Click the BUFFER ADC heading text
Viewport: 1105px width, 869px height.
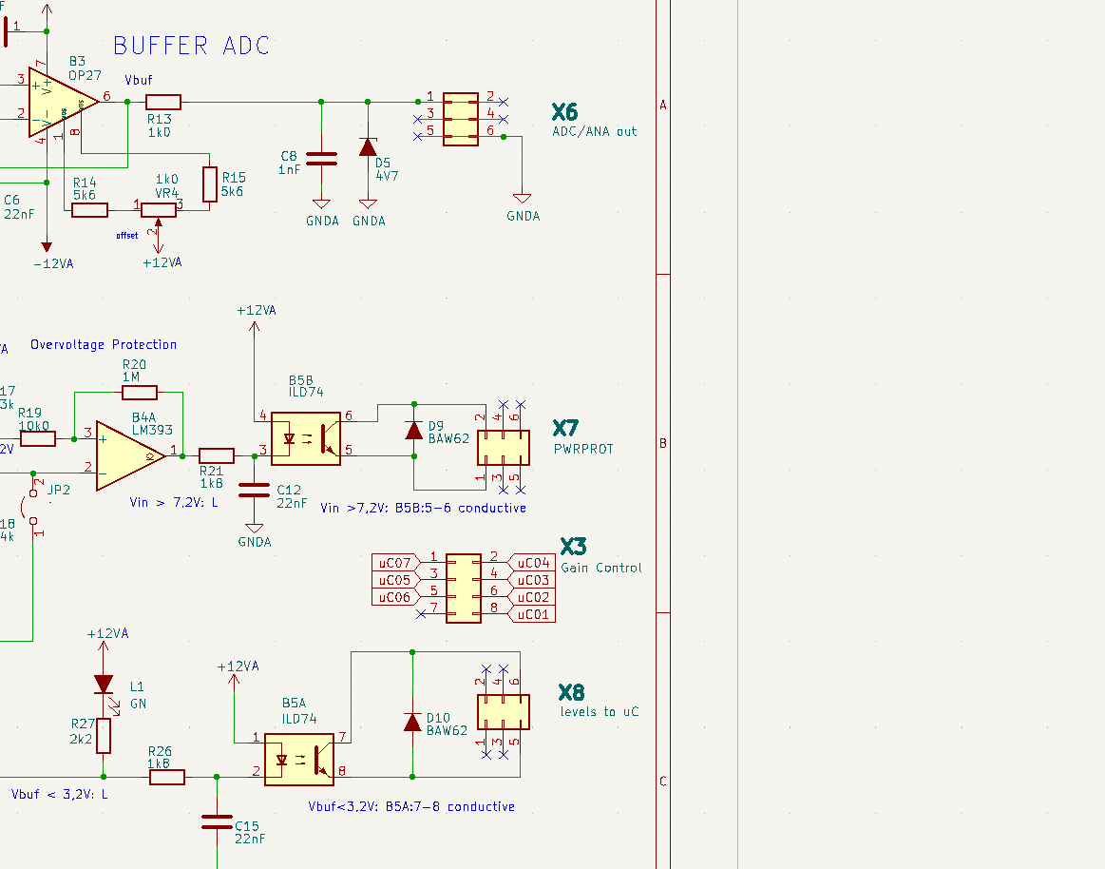[x=191, y=46]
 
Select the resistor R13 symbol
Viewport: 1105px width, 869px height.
[x=163, y=102]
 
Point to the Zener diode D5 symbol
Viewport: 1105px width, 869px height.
[x=368, y=147]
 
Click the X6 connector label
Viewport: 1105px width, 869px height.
[x=564, y=112]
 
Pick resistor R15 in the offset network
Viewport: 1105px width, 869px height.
[x=210, y=183]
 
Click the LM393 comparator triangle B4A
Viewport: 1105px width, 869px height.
[x=129, y=456]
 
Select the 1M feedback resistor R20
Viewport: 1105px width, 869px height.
[x=140, y=392]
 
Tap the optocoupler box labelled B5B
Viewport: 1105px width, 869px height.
[x=305, y=438]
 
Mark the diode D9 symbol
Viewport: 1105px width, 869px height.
[x=413, y=431]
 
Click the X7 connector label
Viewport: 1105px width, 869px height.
[x=565, y=429]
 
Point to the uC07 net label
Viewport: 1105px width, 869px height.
[x=394, y=563]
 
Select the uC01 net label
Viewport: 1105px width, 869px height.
[x=533, y=614]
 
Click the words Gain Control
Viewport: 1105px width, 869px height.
[x=600, y=568]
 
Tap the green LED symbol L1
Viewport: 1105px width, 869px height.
[x=104, y=685]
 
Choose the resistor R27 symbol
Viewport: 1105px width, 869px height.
[x=104, y=735]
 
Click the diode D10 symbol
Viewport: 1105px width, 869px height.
[x=412, y=722]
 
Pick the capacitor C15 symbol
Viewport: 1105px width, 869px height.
[x=217, y=821]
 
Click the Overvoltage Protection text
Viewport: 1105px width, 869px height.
[x=104, y=344]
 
